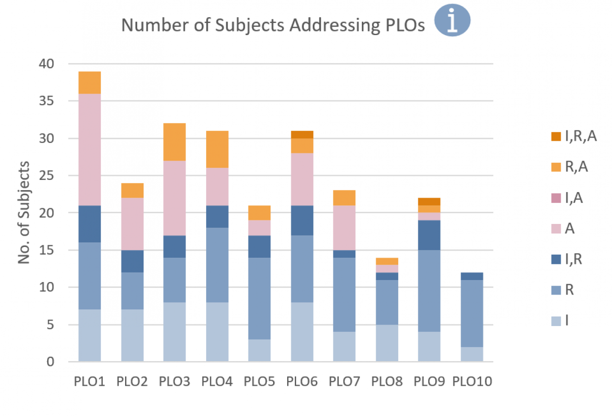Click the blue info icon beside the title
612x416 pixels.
point(452,20)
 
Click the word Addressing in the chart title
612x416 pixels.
point(335,25)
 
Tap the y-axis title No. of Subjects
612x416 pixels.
point(23,212)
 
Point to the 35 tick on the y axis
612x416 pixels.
point(46,101)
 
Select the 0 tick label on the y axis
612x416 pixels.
point(50,362)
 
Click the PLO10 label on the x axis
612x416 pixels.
point(472,381)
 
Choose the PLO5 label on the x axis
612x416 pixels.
point(259,381)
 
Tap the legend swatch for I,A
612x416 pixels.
point(556,198)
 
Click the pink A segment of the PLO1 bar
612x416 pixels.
point(90,149)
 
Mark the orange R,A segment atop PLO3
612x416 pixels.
point(175,142)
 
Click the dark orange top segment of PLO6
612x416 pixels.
point(302,134)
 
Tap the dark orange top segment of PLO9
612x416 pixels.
point(429,201)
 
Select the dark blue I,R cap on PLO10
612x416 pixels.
point(472,276)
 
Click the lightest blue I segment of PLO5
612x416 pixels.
point(259,350)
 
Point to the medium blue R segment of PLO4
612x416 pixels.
point(217,265)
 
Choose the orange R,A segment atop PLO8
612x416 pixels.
point(387,261)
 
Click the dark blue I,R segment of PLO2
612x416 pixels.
point(132,261)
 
